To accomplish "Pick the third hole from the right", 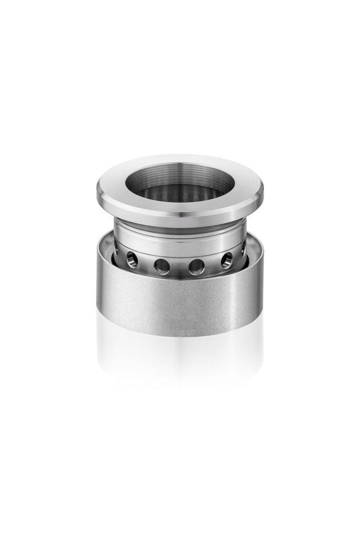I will point(197,266).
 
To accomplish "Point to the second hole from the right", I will point(227,260).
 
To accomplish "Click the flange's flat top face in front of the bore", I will point(179,208).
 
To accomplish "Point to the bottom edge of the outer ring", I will point(179,336).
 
